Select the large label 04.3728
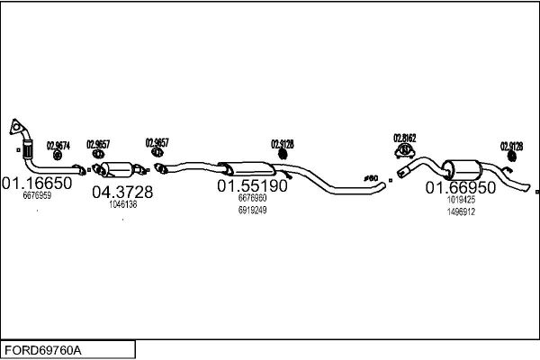[x=123, y=192]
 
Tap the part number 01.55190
[x=252, y=185]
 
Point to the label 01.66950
[x=460, y=188]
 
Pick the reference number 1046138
[x=122, y=204]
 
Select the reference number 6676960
[x=252, y=198]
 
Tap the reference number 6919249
[x=252, y=210]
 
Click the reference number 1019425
[x=460, y=201]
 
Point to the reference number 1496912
[x=460, y=211]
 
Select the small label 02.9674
[x=58, y=145]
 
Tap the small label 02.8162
[x=404, y=138]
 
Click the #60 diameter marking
[x=370, y=177]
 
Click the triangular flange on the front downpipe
[x=16, y=129]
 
